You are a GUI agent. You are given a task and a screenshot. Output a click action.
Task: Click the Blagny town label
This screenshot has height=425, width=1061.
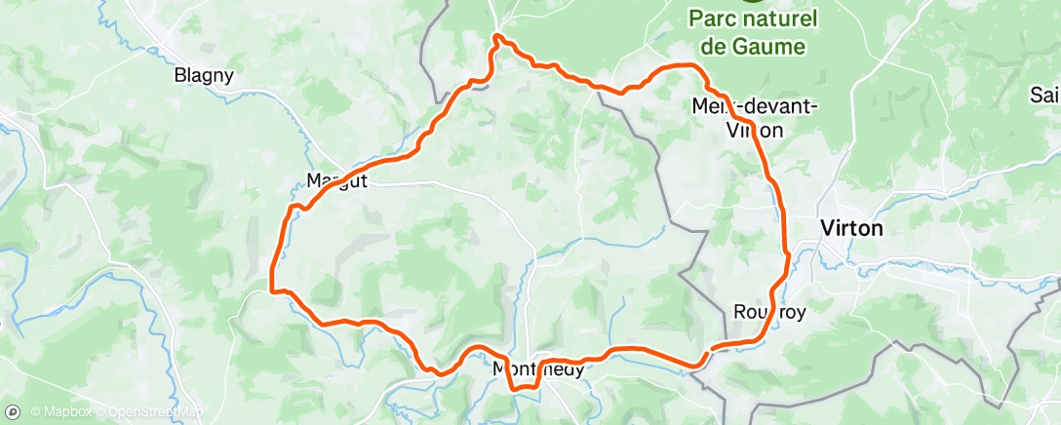click(200, 74)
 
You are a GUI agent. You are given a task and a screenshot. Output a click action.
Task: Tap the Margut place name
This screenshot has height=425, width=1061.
click(336, 180)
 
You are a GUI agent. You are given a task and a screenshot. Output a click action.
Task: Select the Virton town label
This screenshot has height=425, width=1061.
click(852, 228)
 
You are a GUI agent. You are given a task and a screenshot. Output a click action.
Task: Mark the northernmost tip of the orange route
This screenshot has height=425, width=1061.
click(497, 36)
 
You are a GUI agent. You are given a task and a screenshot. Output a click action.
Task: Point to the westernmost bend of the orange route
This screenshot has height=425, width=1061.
click(271, 289)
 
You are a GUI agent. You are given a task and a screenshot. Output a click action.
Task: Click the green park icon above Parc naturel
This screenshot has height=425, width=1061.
click(750, 2)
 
